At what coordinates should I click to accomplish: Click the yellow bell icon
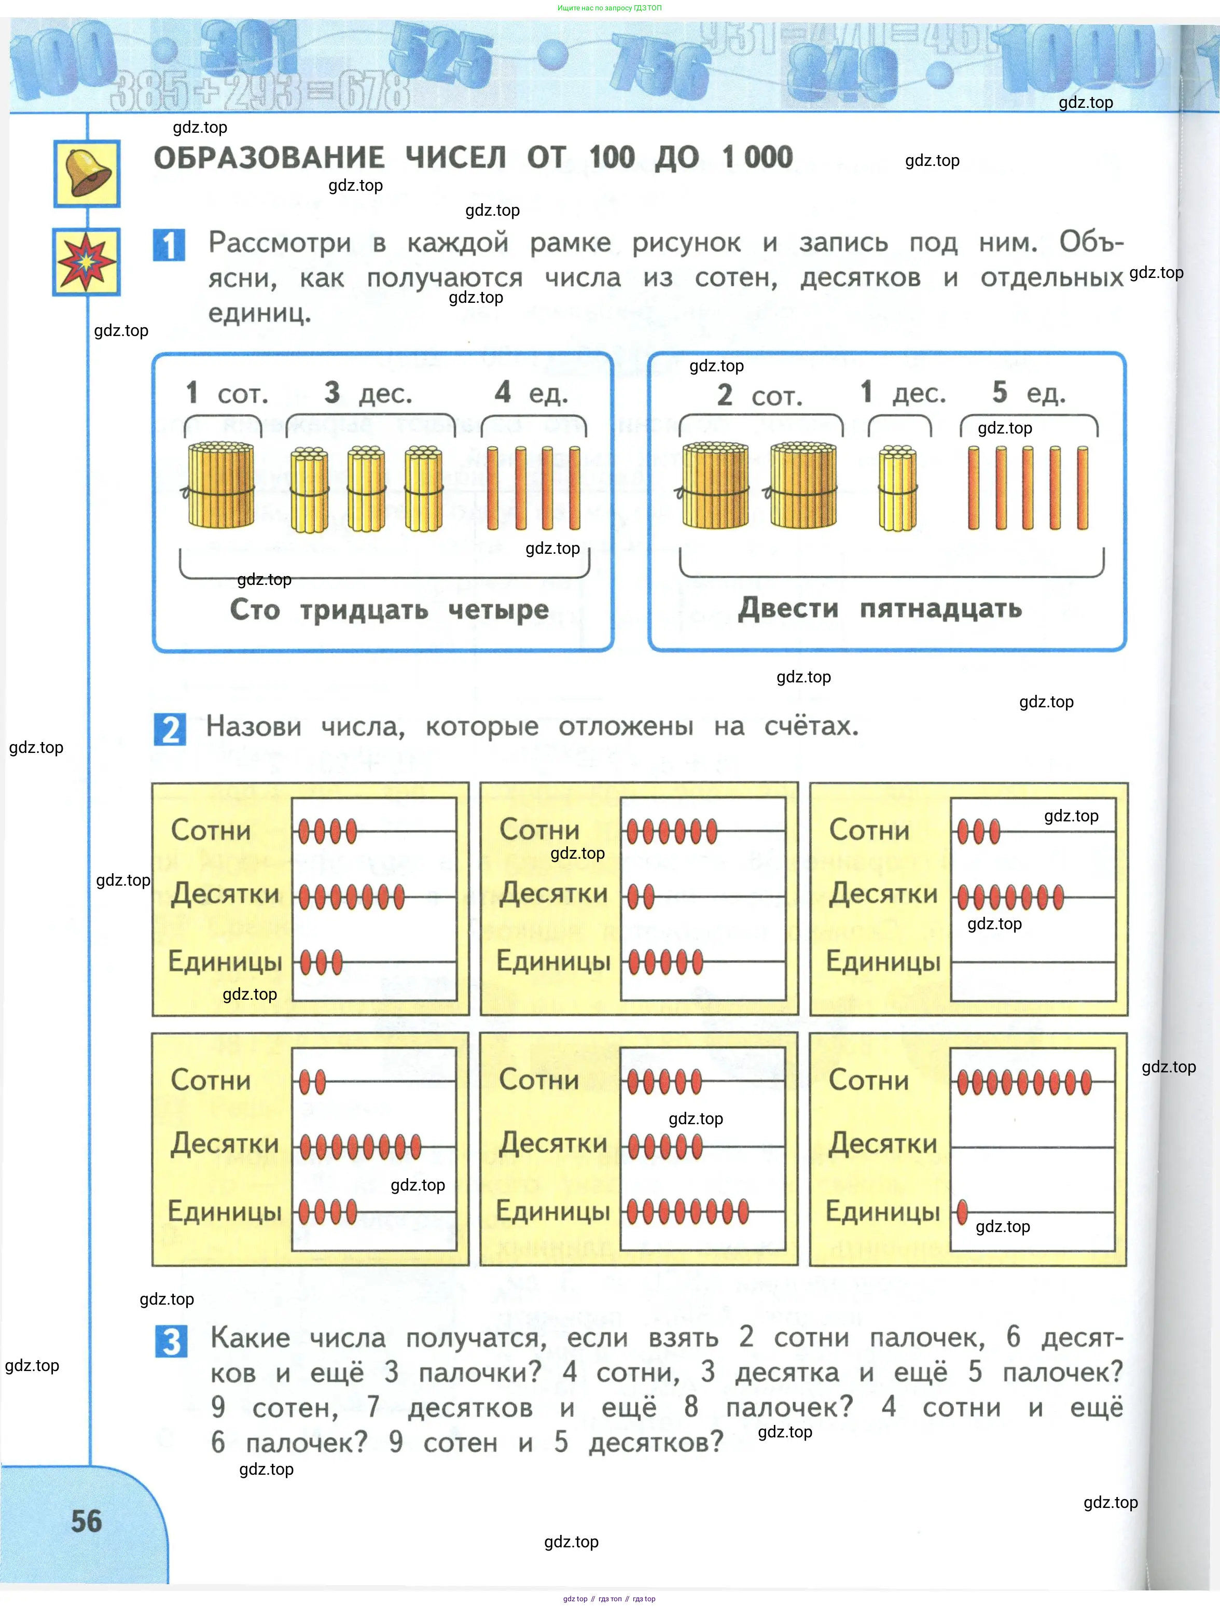click(x=87, y=174)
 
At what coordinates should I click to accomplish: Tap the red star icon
click(x=87, y=262)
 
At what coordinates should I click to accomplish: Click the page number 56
click(x=87, y=1521)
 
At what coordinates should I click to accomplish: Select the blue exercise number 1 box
click(x=169, y=245)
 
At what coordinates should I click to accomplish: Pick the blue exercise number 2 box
click(x=170, y=729)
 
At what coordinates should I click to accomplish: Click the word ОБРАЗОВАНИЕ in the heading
click(x=269, y=158)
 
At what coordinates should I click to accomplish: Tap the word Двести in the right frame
click(x=788, y=608)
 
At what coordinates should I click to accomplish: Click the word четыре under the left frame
click(x=498, y=609)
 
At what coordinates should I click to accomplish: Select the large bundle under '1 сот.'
click(x=221, y=484)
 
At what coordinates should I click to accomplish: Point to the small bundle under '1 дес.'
click(x=898, y=488)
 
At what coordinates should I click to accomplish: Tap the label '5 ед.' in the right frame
click(x=1029, y=393)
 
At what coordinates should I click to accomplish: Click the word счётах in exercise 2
click(x=811, y=725)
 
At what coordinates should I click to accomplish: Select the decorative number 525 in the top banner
click(x=440, y=51)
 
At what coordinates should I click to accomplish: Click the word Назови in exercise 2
click(x=253, y=725)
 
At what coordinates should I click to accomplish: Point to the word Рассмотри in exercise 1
click(x=279, y=242)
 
